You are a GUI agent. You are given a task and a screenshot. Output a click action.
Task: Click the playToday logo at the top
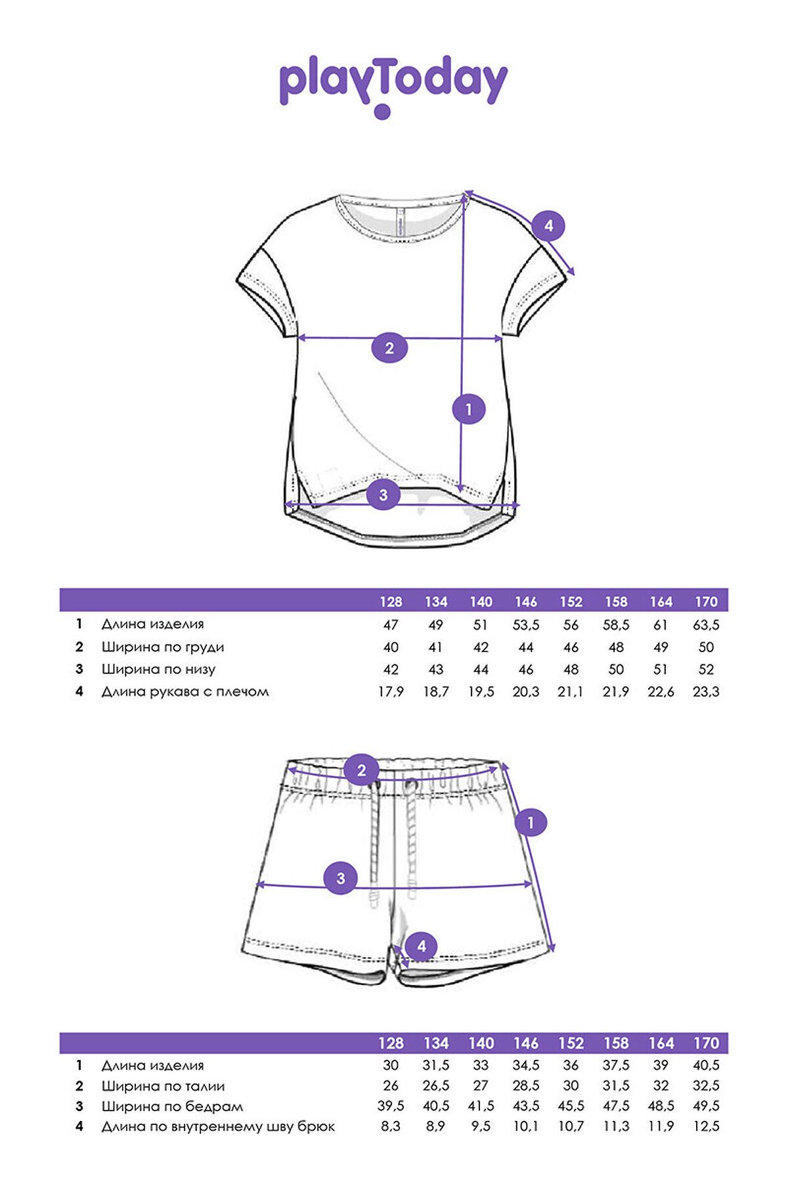[393, 85]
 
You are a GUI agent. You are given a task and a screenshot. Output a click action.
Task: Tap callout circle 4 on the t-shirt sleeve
[548, 226]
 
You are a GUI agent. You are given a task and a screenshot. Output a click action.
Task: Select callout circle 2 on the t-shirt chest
[389, 347]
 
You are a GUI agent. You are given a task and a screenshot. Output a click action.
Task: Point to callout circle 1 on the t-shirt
[468, 409]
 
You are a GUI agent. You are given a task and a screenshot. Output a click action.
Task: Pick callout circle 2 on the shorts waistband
[361, 770]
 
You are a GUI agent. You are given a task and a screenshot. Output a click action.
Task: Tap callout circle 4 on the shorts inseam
[422, 946]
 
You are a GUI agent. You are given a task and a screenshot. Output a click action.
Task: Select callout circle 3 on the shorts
[340, 878]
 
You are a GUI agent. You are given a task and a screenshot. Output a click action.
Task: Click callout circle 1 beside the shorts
[531, 822]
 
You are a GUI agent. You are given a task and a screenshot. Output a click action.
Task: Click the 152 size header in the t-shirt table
[571, 602]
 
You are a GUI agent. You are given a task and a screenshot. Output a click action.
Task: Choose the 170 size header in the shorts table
[706, 1043]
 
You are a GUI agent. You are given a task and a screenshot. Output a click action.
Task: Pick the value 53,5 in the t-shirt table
[526, 625]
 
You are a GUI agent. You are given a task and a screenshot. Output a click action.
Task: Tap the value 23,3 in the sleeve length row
[706, 691]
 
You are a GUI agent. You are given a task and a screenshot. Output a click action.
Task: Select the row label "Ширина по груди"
[163, 647]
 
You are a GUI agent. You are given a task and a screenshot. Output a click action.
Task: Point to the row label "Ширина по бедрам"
[172, 1106]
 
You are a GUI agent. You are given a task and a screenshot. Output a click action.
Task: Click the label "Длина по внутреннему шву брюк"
[218, 1127]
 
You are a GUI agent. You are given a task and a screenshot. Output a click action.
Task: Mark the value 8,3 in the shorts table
[391, 1126]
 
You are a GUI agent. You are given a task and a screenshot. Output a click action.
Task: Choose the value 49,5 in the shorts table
[706, 1106]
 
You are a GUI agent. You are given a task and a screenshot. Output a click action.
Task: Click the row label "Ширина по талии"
[163, 1086]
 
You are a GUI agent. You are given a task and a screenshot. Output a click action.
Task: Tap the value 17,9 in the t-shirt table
[391, 691]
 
